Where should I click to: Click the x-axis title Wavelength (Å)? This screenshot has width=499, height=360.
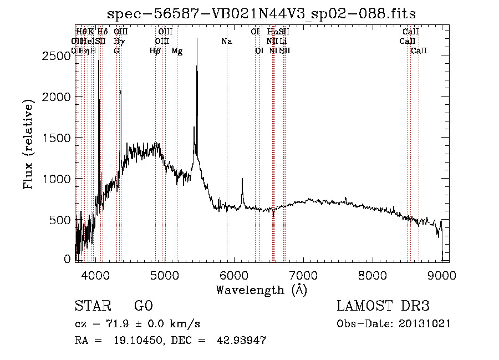(x=261, y=290)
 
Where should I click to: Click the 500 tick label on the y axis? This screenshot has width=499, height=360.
(x=60, y=220)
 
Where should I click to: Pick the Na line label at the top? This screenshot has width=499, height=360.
(x=226, y=41)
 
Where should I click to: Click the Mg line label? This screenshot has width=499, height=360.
(x=177, y=50)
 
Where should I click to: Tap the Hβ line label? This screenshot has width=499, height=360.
(x=156, y=50)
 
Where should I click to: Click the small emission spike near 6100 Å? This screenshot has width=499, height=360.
(x=242, y=179)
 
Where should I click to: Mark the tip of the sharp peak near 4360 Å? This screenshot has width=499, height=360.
(x=121, y=90)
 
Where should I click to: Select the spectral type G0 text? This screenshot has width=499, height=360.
(x=144, y=307)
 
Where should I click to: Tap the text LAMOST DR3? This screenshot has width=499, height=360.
(x=383, y=307)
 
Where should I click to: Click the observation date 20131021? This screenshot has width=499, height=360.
(x=427, y=324)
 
